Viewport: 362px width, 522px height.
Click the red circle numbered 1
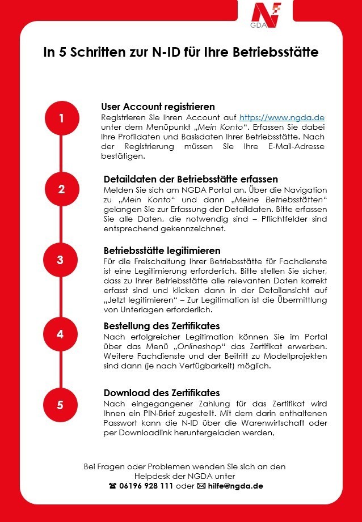[x=61, y=118]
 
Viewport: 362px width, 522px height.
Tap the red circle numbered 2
[x=61, y=189]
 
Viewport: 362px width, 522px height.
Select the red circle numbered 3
[x=60, y=260]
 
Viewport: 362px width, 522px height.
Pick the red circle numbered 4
[x=60, y=334]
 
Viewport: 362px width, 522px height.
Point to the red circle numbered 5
[x=60, y=405]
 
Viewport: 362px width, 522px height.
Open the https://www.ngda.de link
[x=281, y=117]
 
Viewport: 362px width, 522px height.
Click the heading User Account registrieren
[x=158, y=107]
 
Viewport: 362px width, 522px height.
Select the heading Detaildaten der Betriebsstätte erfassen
[x=191, y=179]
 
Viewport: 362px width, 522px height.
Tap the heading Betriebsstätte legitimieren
[x=162, y=250]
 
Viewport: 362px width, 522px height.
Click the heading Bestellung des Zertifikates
[x=161, y=326]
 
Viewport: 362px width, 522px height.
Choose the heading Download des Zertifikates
[x=162, y=393]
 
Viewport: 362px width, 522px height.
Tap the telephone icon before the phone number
[x=112, y=486]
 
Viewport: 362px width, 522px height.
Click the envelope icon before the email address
[x=200, y=486]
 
